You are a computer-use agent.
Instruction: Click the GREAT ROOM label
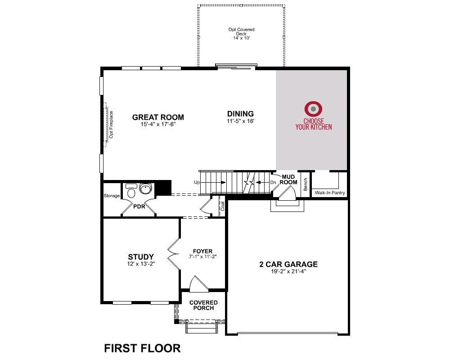coord(158,117)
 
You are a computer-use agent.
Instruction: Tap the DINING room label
coord(240,114)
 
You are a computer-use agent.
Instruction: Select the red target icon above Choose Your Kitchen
coord(313,109)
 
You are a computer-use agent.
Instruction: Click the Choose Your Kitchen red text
coord(314,124)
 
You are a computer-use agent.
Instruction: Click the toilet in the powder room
coord(131,192)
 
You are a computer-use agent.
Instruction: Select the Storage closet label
coord(112,196)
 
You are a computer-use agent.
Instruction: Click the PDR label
coord(139,207)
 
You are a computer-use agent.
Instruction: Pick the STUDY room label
coord(141,256)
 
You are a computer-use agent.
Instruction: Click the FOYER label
coord(202,251)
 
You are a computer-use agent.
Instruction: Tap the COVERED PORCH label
coord(203,306)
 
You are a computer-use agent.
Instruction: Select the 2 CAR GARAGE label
coord(288,264)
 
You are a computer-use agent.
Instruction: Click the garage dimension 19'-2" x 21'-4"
coord(288,271)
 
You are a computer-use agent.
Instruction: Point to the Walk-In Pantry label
coord(330,193)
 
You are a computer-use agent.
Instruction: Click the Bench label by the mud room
coord(306,184)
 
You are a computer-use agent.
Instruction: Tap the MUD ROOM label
coord(288,179)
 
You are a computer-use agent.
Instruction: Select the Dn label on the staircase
coord(273,183)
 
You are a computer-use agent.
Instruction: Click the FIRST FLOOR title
coord(142,348)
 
